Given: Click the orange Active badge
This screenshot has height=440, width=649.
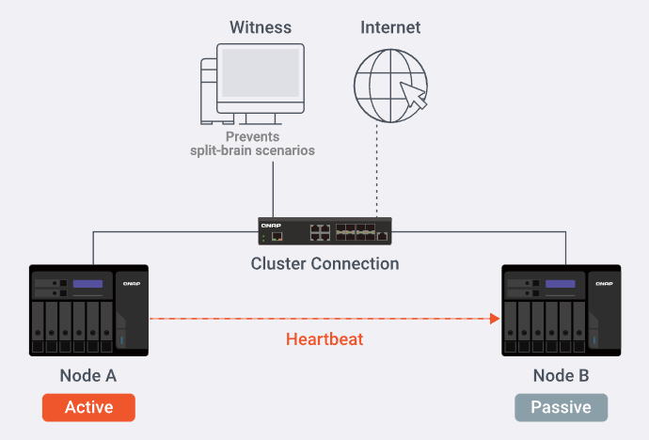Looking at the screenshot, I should click(88, 407).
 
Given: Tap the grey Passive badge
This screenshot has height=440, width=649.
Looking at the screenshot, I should click(561, 407).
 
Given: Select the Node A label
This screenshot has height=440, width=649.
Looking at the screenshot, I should click(88, 376).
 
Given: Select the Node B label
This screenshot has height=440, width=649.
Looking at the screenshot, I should click(561, 376).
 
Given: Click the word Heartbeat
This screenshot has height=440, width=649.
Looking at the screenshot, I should click(324, 338).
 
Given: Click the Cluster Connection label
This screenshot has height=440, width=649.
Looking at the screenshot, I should click(324, 263).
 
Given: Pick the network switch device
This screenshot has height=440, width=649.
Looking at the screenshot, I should click(325, 231).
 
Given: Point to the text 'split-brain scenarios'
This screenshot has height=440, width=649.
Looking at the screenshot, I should click(252, 150).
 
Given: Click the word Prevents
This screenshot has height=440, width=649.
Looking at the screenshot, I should click(252, 136).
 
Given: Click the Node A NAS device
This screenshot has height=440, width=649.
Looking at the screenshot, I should click(88, 309).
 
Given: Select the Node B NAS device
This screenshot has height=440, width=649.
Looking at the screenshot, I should click(561, 309).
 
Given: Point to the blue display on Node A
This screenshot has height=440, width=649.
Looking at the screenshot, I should click(88, 285).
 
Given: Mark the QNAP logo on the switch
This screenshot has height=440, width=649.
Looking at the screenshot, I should click(270, 225).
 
